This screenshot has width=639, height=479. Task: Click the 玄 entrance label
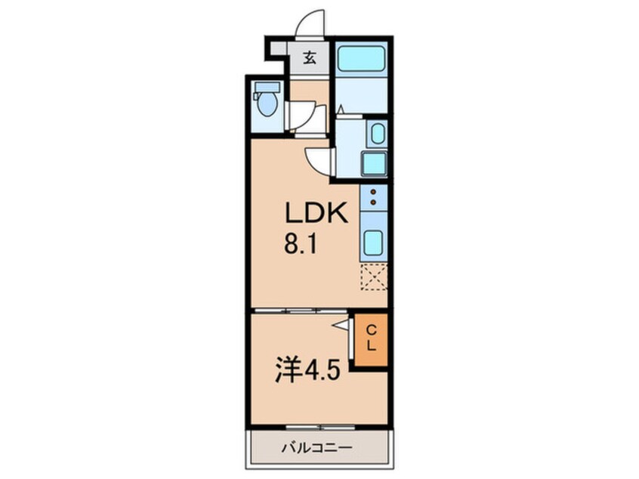tap(310, 58)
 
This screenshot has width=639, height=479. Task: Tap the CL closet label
tap(372, 338)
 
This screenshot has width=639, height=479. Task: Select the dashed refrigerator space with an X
tap(373, 277)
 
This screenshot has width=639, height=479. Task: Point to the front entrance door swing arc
tap(309, 24)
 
